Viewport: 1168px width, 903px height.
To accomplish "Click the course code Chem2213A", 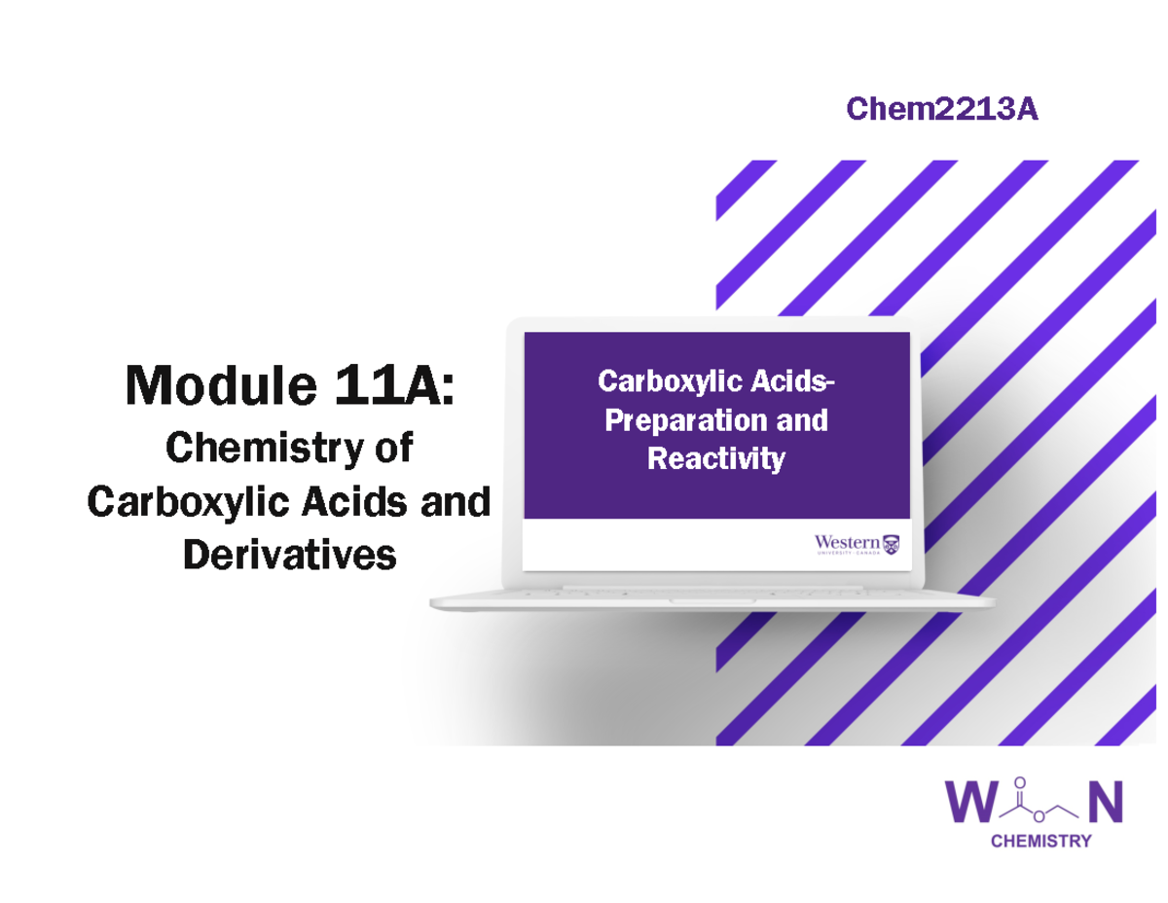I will (x=941, y=110).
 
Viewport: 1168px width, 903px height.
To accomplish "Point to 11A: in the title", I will (x=389, y=386).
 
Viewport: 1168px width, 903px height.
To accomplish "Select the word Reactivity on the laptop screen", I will (x=716, y=457).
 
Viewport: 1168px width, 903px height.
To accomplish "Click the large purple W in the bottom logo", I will (x=975, y=805).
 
